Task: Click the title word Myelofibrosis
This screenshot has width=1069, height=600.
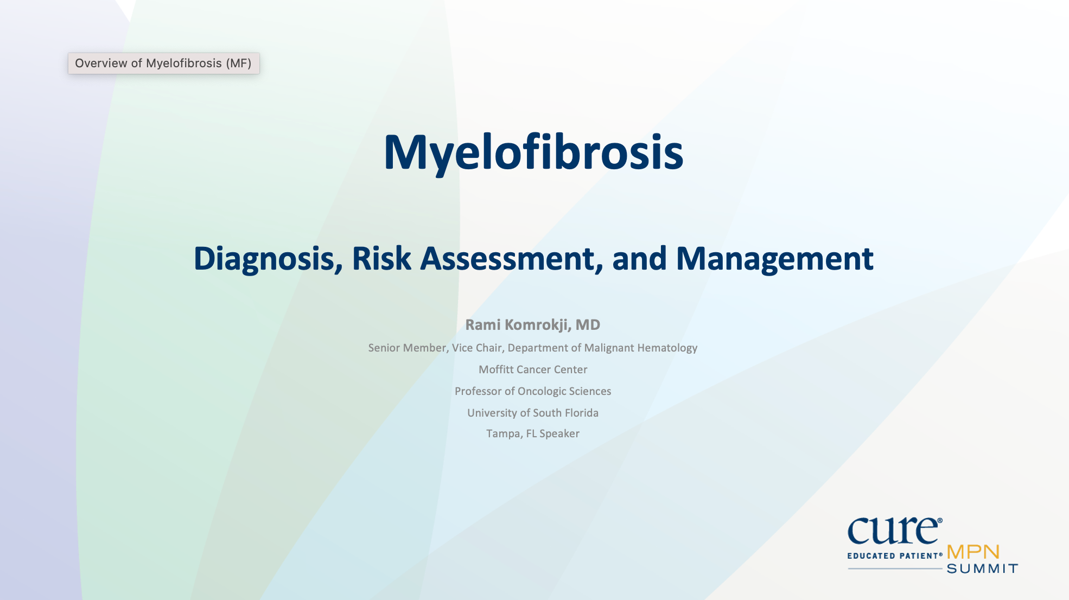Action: click(533, 153)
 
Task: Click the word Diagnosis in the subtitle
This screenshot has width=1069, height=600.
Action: click(264, 259)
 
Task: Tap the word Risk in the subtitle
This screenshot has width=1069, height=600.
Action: click(381, 259)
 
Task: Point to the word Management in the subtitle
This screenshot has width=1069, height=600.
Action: click(774, 259)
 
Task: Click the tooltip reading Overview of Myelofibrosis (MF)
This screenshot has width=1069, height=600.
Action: click(163, 63)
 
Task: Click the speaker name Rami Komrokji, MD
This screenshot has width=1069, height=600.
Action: click(532, 324)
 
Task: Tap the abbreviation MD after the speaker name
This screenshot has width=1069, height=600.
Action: click(588, 324)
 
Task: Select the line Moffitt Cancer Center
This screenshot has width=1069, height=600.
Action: click(532, 369)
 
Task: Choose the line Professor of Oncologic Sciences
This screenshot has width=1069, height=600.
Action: click(532, 391)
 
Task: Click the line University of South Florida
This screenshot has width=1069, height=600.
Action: click(532, 413)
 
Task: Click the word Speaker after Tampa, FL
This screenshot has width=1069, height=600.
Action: click(559, 433)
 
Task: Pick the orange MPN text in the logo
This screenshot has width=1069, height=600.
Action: click(973, 552)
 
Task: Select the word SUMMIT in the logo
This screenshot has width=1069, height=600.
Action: click(982, 569)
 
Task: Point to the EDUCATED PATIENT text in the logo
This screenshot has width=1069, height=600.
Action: click(894, 556)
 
